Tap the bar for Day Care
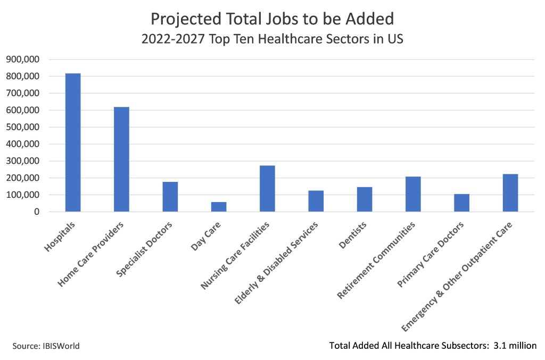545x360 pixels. (219, 207)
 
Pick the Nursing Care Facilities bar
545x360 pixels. (267, 189)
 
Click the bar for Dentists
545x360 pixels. (365, 199)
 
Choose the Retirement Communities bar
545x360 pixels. (413, 194)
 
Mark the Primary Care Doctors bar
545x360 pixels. (461, 203)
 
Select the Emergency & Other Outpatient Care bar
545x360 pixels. (510, 192)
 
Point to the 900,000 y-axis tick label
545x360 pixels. (22, 60)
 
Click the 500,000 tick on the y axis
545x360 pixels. (22, 127)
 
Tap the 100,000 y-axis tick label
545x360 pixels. (22, 195)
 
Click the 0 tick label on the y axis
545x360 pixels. (36, 212)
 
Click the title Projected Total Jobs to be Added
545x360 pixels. (272, 19)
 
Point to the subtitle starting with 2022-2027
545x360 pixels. (272, 40)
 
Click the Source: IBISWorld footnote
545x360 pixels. (46, 346)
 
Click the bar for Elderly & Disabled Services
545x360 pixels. (316, 201)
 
